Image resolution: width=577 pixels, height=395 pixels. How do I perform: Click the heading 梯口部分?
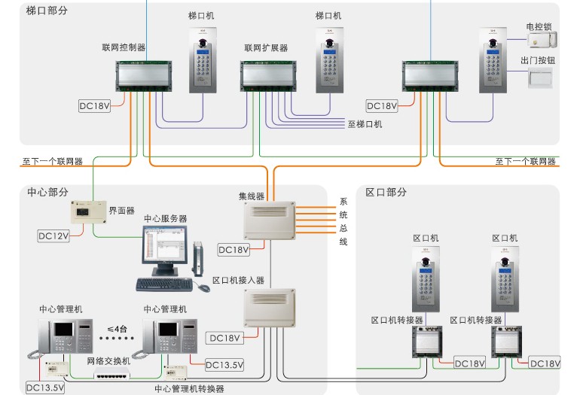point(47,11)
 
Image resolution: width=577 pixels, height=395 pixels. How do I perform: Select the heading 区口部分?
point(386,192)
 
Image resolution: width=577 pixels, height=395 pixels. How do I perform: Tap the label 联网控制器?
point(124,47)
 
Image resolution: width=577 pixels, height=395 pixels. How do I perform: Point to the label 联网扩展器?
point(266,47)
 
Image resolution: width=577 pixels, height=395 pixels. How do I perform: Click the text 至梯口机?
point(365,124)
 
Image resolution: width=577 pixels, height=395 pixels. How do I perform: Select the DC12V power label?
point(53,236)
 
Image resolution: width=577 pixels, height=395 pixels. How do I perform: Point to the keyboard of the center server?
point(163,284)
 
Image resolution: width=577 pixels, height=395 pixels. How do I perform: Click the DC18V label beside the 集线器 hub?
point(233,250)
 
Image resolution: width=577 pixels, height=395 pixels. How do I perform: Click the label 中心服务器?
point(166,219)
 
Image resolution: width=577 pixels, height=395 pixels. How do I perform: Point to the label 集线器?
point(252,196)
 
